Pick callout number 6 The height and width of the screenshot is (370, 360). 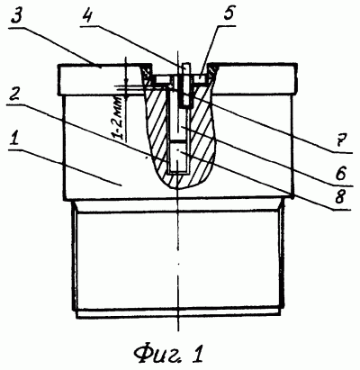341,173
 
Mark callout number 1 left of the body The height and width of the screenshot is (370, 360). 14,141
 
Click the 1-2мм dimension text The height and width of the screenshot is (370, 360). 120,118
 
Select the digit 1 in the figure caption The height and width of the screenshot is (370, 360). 198,354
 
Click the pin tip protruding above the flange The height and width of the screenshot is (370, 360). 185,66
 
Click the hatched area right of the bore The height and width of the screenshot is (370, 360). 202,132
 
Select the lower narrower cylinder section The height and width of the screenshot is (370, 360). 177,259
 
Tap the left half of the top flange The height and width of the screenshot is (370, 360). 100,79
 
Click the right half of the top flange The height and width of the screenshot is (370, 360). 255,78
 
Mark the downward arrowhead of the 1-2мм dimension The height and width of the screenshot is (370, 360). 126,83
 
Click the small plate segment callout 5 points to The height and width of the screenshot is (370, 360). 202,78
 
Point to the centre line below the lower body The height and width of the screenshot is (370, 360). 178,325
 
